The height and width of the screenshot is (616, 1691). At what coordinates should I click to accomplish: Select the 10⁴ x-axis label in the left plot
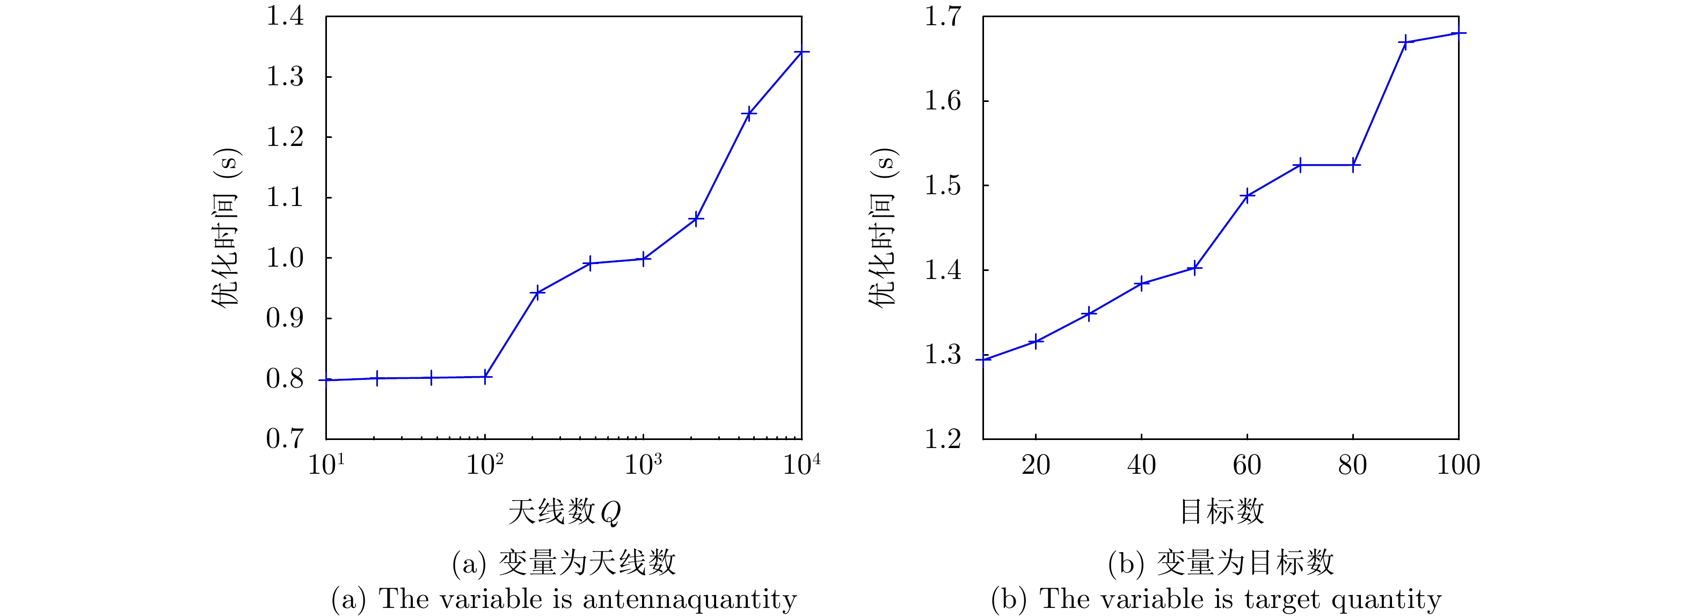point(801,465)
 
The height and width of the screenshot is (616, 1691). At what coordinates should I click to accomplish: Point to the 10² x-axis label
point(484,465)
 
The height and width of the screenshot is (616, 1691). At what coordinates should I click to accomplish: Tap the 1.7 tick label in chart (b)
point(943,17)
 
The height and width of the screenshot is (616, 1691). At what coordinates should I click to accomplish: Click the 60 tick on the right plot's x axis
point(1247,465)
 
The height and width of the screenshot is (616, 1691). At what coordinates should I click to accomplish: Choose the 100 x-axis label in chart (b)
point(1458,465)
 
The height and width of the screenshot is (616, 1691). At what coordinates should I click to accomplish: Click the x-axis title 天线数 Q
point(564,512)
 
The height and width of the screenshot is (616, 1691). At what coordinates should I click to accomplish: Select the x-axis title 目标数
point(1222,512)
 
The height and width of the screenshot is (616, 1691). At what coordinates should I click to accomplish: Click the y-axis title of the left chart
point(225,228)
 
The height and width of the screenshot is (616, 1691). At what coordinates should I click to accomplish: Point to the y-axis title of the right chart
point(883,228)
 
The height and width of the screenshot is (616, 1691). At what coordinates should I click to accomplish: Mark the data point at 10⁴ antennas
point(801,52)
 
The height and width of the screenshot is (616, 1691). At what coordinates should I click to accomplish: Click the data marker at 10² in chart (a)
point(484,377)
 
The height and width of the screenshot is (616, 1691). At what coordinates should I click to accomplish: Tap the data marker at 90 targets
point(1404,42)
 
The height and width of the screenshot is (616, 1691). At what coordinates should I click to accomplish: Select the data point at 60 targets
point(1247,195)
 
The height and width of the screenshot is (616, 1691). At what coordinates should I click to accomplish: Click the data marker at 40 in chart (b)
point(1141,283)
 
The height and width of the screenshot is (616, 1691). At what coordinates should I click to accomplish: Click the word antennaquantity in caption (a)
point(689,599)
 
